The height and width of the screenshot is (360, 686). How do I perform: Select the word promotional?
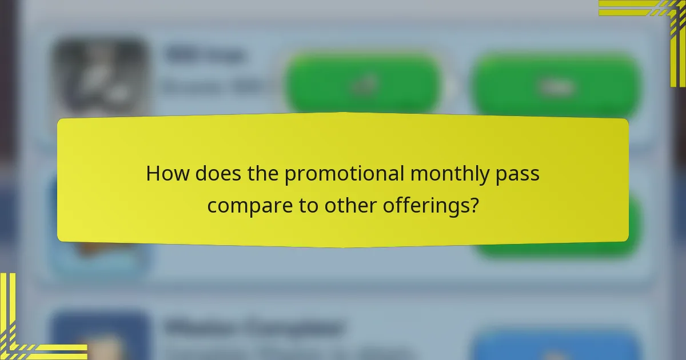pos(343,174)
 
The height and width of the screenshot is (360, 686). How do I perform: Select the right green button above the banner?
pos(555,86)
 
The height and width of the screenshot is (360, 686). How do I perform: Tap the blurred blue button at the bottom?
pos(555,346)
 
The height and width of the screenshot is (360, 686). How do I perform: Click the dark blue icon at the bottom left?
pos(101,337)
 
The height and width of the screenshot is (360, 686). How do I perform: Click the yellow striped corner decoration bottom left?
pos(29,331)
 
